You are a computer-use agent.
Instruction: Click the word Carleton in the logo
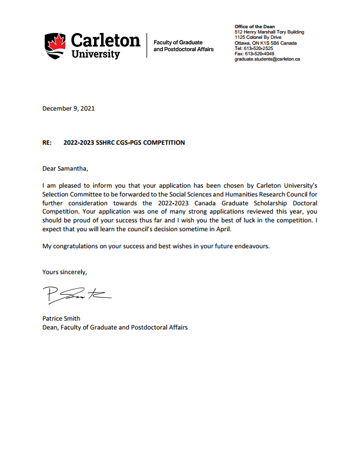[106, 40]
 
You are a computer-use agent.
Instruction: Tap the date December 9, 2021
[68, 108]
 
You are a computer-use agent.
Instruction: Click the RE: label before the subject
[47, 142]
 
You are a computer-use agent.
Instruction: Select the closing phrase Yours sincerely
[65, 272]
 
